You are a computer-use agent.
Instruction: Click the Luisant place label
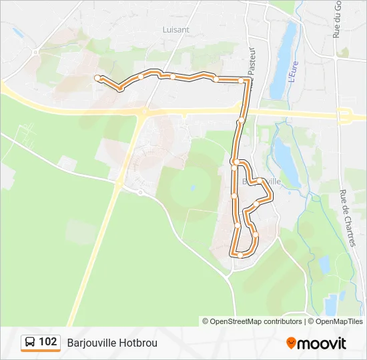point(176,29)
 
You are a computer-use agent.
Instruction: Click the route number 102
point(47,342)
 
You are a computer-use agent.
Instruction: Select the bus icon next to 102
point(30,343)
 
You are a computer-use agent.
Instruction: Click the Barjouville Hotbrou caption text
point(112,343)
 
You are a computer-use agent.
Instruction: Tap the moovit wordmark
point(322,343)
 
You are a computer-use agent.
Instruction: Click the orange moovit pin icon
point(291,343)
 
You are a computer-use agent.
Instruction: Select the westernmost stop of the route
point(98,78)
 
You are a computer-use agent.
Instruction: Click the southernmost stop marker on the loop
point(240,255)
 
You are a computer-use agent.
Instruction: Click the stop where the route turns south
point(242,81)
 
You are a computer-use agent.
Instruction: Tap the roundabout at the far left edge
point(37,51)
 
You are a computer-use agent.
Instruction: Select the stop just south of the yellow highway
point(240,121)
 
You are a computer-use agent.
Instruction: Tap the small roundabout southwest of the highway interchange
point(140,192)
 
